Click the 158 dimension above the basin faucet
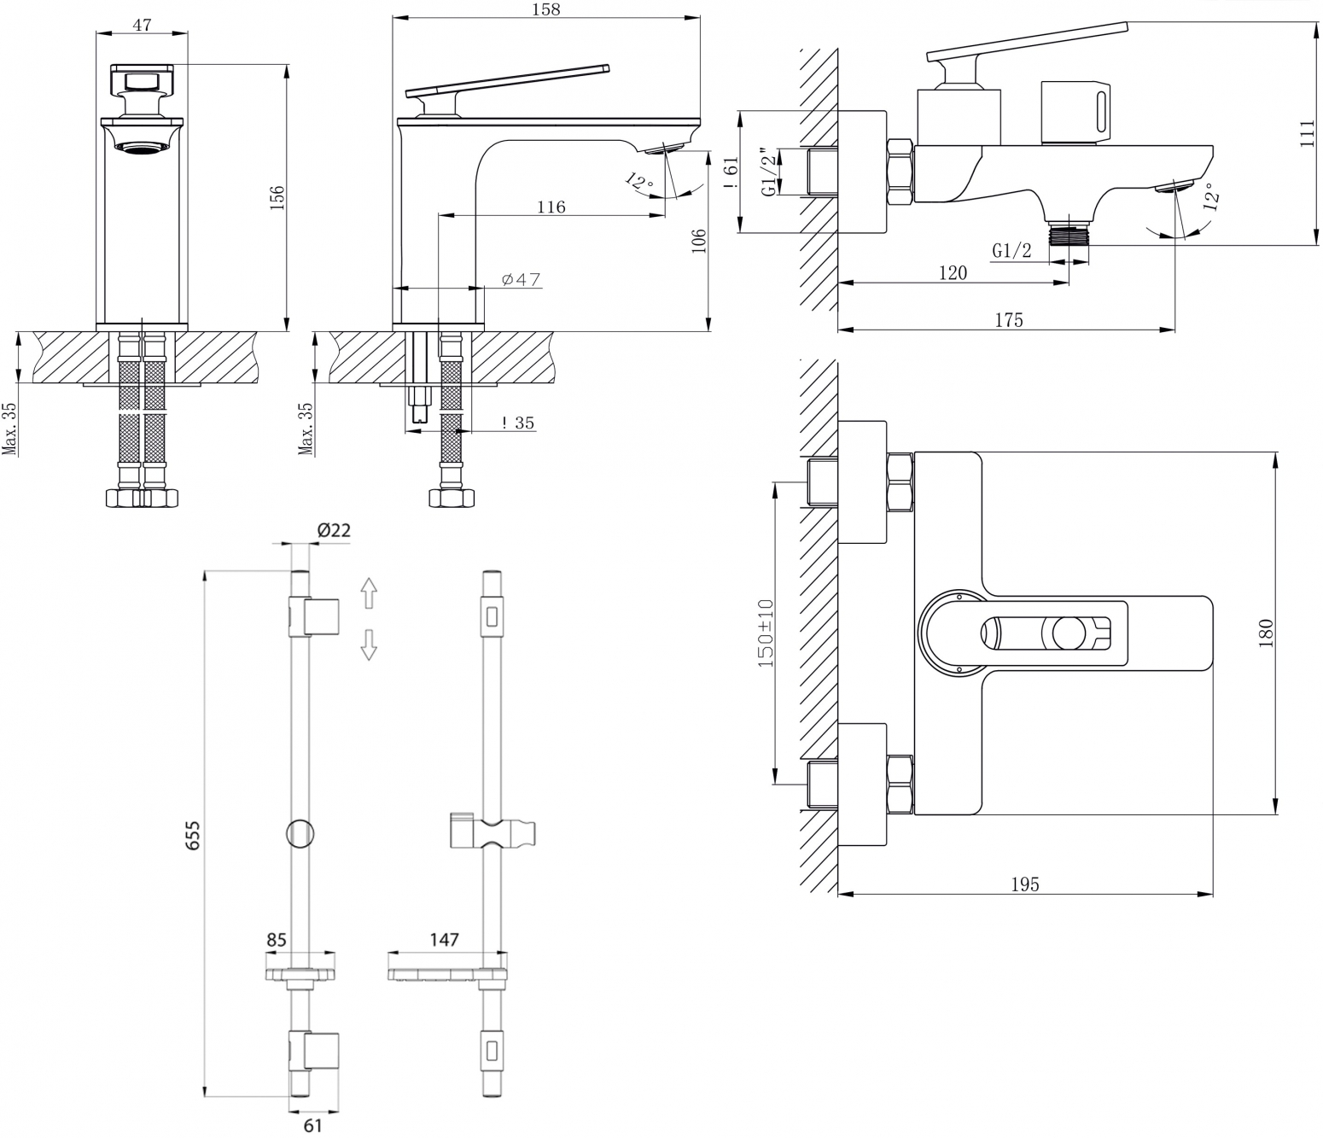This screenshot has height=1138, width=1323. coord(546,9)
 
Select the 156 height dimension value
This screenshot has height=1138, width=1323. coord(277,198)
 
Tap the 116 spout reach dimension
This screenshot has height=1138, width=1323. coord(551,207)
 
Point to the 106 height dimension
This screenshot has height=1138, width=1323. coord(699,242)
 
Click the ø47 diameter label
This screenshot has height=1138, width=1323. coord(521,279)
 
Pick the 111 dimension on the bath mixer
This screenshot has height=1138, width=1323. coord(1308,134)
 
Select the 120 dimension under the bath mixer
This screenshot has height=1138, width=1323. coord(953,273)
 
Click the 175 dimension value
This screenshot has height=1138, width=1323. coord(1009,320)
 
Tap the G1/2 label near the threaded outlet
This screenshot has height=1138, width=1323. coord(1012,251)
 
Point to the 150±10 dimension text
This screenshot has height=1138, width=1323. coord(766,633)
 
